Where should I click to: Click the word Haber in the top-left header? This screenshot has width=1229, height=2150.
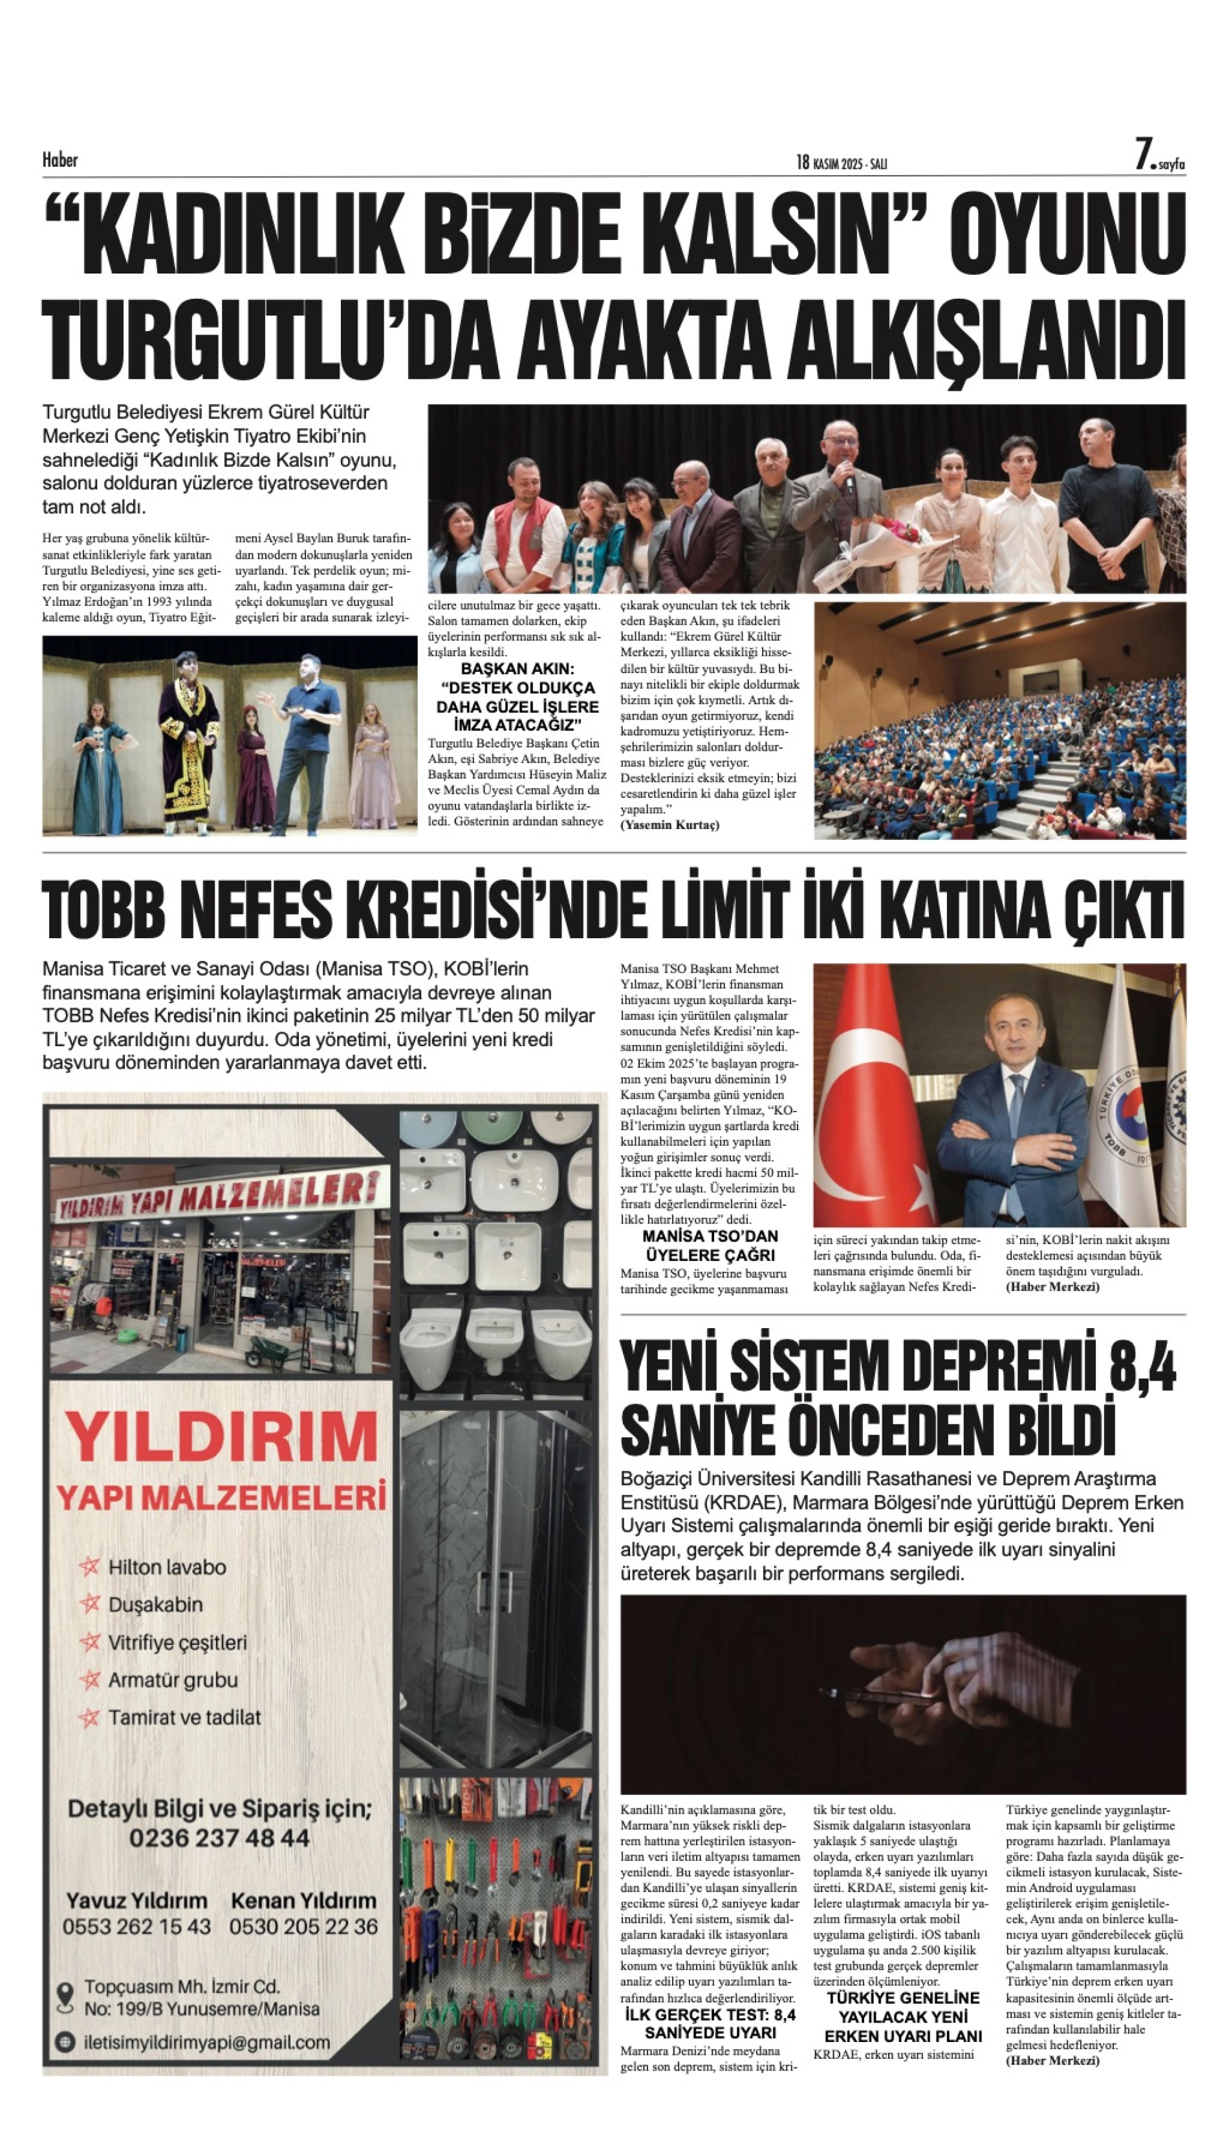click(x=60, y=160)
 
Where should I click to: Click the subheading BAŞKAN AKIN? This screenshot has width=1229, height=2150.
click(x=517, y=669)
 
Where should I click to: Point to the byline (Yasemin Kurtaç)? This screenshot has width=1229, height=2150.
click(x=669, y=825)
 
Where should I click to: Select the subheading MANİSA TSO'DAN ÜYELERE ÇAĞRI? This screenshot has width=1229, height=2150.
click(x=710, y=1245)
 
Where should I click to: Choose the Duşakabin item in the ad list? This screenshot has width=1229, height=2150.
click(x=155, y=1604)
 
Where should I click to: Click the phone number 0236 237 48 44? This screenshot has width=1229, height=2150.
click(x=219, y=1838)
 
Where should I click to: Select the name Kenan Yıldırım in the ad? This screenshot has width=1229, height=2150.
click(x=303, y=1901)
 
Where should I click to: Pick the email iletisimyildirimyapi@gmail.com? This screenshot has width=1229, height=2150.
click(x=207, y=2042)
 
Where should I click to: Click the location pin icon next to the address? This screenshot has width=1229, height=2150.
click(x=65, y=1997)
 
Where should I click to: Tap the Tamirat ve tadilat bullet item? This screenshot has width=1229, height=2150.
click(x=184, y=1717)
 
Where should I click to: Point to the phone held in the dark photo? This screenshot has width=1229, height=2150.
click(x=878, y=1694)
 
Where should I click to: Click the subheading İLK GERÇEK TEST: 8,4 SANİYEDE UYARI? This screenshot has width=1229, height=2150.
click(x=710, y=2023)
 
